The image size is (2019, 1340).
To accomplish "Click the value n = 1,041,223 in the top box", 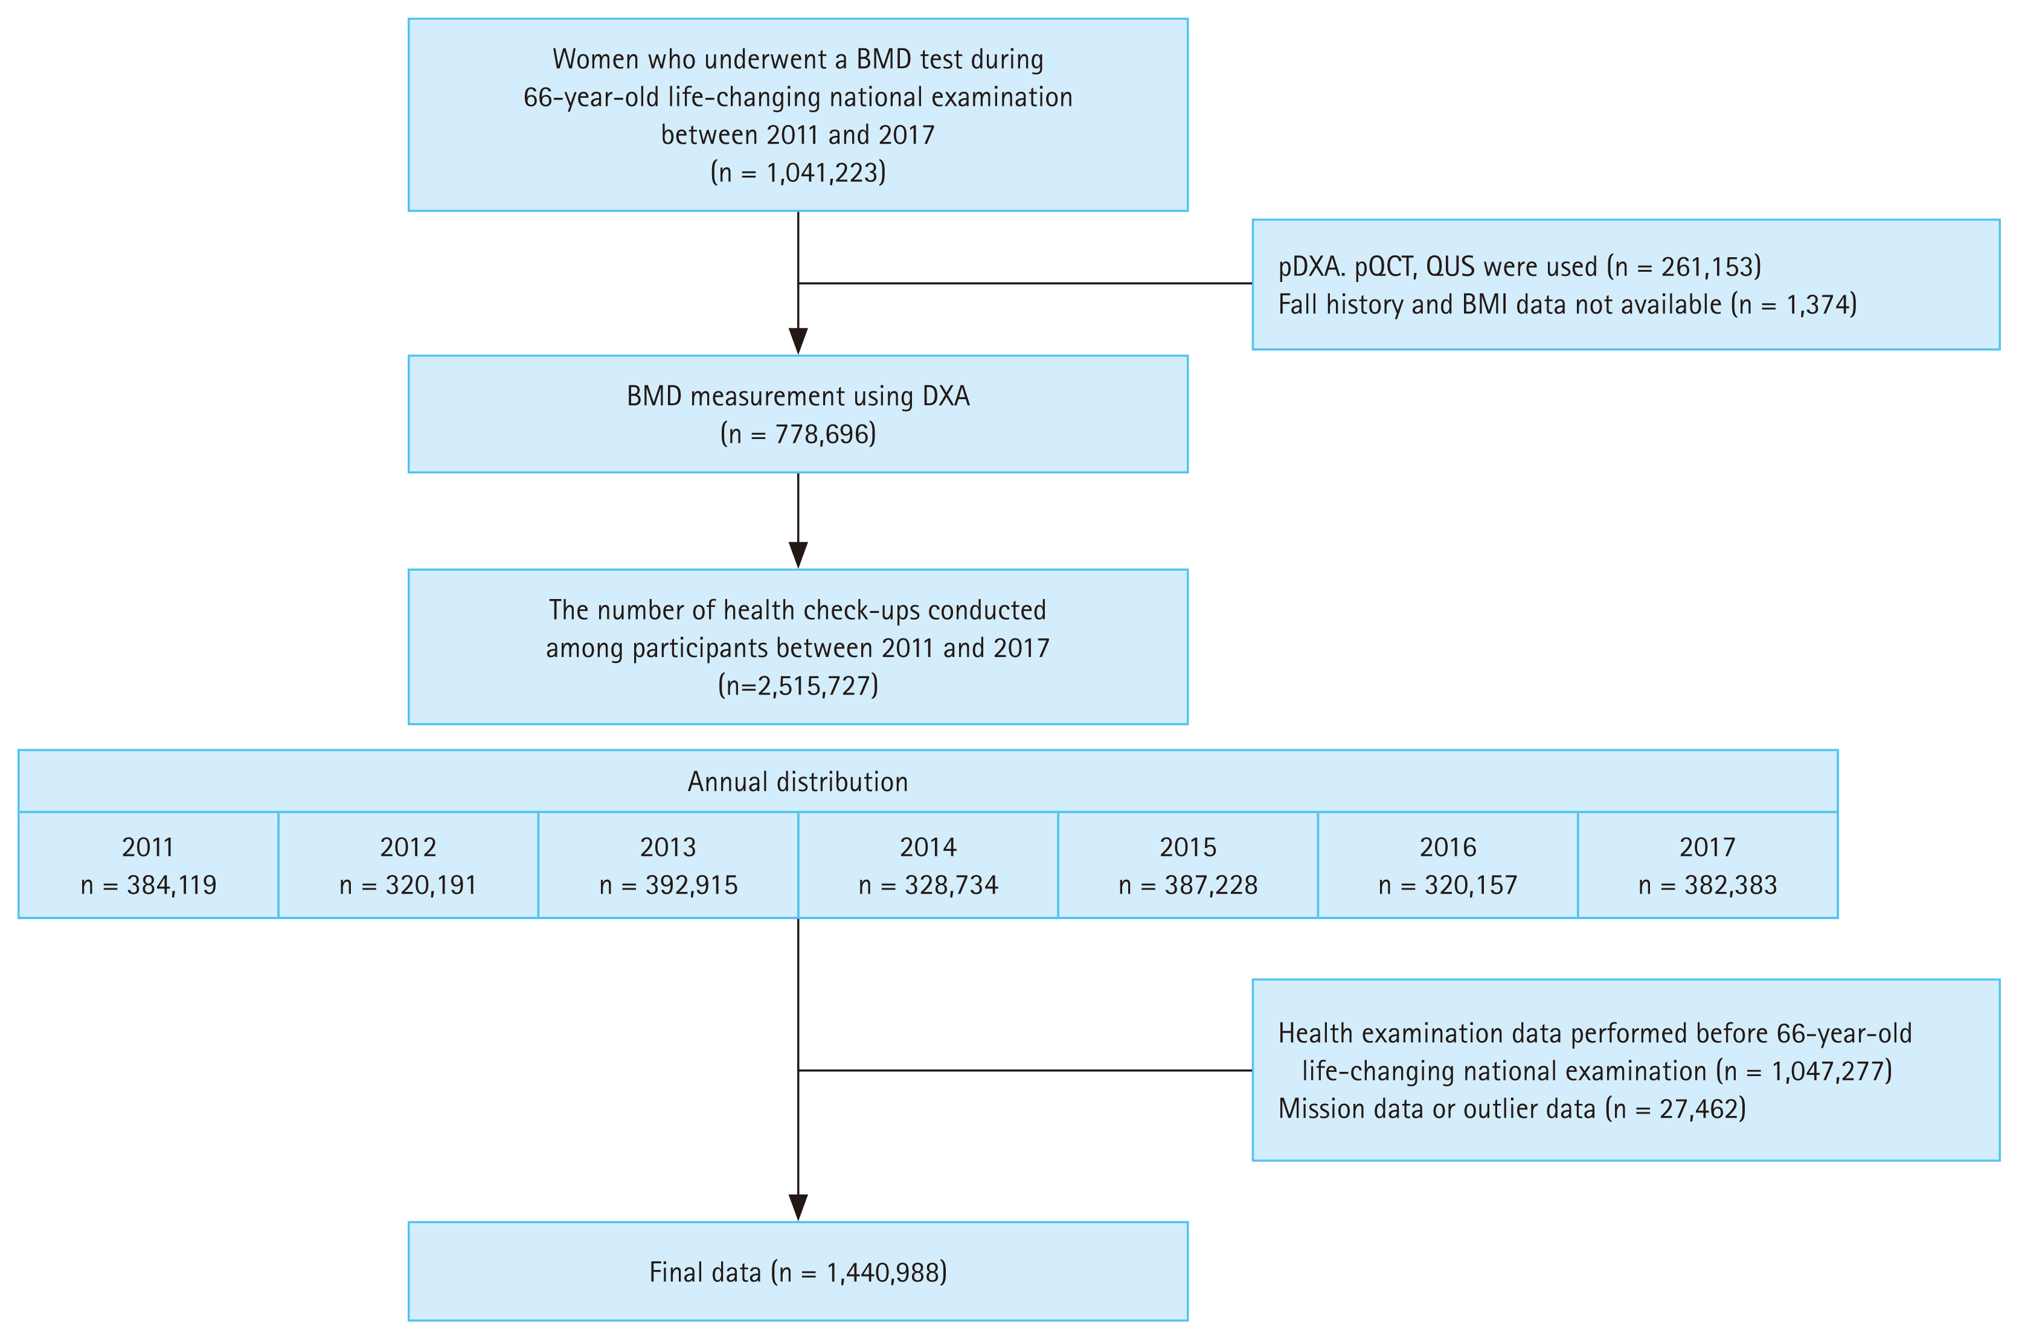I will [x=797, y=173].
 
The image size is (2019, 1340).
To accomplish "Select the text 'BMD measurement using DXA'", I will [x=797, y=397].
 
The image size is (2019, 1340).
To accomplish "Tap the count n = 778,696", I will [x=797, y=434].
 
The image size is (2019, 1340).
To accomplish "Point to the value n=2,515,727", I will [x=797, y=685].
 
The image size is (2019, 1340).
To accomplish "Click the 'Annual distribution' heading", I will [x=797, y=782].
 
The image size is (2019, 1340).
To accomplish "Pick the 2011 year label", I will [x=148, y=847].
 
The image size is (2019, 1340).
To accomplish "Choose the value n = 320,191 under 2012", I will [x=408, y=885].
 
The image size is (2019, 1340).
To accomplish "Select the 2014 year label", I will [x=928, y=847].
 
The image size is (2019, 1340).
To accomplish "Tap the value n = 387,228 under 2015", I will [x=1188, y=885].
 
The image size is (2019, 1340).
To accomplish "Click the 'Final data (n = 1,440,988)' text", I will [x=797, y=1272].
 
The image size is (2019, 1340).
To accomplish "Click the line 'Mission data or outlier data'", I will [x=1436, y=1108].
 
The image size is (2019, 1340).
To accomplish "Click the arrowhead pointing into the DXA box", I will [x=797, y=341].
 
